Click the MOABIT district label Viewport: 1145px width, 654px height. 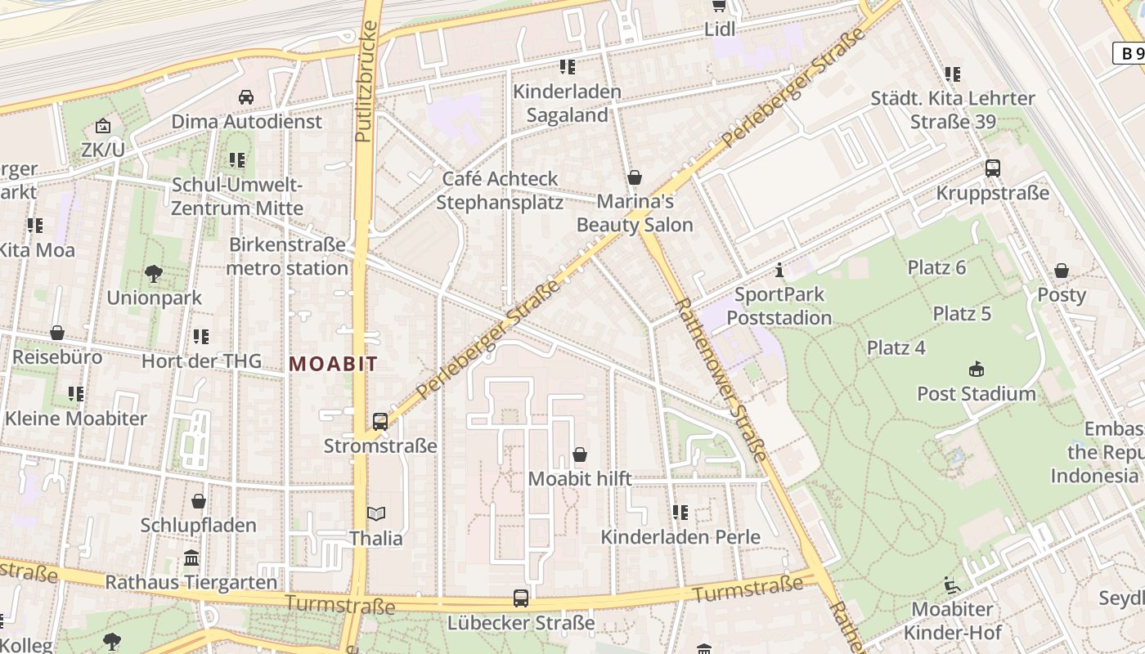[333, 364]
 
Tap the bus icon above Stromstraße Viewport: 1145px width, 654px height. [380, 422]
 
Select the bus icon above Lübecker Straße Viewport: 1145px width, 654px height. [521, 598]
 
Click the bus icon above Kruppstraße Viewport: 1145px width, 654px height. [992, 168]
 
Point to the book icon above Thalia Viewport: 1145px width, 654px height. [376, 513]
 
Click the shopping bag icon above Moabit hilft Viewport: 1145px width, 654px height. [580, 454]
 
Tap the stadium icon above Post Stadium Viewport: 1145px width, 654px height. [976, 369]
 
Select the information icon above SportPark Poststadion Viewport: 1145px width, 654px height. [779, 269]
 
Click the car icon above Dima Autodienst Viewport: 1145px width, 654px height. [246, 96]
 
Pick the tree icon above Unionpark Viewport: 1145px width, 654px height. [154, 273]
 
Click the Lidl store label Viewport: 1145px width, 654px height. [720, 29]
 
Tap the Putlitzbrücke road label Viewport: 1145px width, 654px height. [366, 82]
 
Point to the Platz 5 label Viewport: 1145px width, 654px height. [962, 313]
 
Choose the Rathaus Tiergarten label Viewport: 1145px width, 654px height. [191, 582]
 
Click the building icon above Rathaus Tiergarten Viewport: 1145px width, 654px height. [191, 558]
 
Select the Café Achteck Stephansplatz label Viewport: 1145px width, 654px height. [499, 190]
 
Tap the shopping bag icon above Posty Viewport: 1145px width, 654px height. [1061, 271]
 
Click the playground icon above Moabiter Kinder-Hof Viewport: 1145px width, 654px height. [952, 585]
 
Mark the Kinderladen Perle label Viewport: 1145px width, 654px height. [680, 536]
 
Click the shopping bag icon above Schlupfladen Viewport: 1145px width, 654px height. [198, 501]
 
